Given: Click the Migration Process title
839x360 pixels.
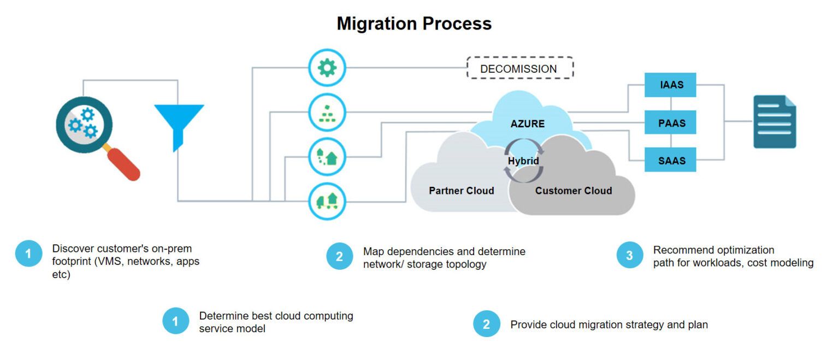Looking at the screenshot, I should [414, 23].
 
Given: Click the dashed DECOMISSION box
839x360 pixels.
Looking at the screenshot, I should [519, 69].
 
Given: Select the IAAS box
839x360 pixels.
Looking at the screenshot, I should [670, 85].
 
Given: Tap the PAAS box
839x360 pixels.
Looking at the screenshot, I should [670, 123].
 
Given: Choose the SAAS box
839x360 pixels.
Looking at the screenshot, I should [670, 161].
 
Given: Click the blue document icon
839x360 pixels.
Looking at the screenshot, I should [775, 121].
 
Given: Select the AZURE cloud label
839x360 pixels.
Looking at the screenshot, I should [527, 123].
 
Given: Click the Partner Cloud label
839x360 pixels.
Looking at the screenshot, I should [461, 191].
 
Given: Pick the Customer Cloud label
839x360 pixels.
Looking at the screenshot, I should [573, 191].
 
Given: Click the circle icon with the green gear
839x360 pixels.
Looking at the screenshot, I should [327, 68].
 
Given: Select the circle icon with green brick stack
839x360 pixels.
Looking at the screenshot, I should [327, 113].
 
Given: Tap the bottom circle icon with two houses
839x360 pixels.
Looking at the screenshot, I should [327, 201].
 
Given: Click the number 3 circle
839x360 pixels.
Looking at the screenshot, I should [630, 255].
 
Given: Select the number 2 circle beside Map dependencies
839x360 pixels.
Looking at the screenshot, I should [339, 256].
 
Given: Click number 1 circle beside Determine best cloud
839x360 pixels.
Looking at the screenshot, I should [175, 321].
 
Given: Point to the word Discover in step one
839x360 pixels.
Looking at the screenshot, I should [71, 249].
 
